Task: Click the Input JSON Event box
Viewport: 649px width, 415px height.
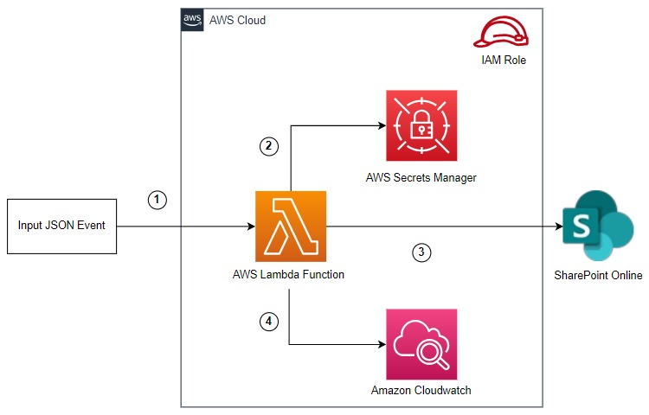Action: click(x=61, y=226)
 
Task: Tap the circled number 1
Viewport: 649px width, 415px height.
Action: click(x=157, y=200)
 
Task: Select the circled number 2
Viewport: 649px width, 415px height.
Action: click(x=270, y=146)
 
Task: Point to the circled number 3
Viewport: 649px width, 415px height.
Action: click(x=421, y=252)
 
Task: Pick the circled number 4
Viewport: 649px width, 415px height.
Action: click(x=270, y=322)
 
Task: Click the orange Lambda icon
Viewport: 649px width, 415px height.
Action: click(x=290, y=226)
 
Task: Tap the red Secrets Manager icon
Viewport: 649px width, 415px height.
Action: click(x=421, y=127)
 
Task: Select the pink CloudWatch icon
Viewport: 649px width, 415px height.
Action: click(x=421, y=344)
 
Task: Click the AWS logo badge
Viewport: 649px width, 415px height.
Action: click(x=191, y=19)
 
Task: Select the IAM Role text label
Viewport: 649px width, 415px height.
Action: click(x=503, y=61)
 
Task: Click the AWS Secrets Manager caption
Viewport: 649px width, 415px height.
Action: click(x=421, y=178)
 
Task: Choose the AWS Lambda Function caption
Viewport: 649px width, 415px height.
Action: click(x=289, y=275)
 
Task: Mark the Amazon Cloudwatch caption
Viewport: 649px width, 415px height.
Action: click(x=421, y=391)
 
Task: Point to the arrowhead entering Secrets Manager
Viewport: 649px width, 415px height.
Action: click(x=381, y=127)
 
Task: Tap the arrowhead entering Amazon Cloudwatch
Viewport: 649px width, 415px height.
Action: click(x=381, y=344)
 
